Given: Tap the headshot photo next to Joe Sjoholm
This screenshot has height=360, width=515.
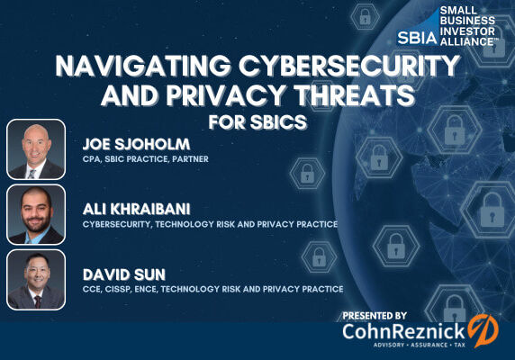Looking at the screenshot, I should [36, 149].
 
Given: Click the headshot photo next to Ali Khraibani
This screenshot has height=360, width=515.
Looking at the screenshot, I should [36, 214].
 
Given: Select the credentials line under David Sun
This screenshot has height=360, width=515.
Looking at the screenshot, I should [212, 289].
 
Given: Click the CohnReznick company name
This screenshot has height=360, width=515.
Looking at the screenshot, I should [404, 332].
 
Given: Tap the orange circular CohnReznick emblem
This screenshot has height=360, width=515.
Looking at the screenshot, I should [483, 330].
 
